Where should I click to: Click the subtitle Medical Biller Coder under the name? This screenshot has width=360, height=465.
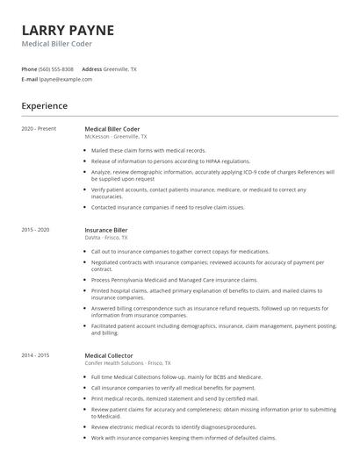(x=56, y=44)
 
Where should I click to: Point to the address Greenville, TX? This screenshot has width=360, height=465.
(x=120, y=68)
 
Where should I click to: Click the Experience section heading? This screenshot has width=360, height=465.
(x=44, y=106)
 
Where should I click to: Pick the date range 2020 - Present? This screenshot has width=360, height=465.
(x=39, y=129)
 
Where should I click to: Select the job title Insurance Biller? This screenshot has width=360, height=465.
(x=106, y=230)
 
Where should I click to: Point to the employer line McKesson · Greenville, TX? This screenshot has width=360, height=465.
(x=116, y=137)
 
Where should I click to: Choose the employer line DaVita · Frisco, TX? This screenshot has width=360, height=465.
(x=106, y=238)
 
